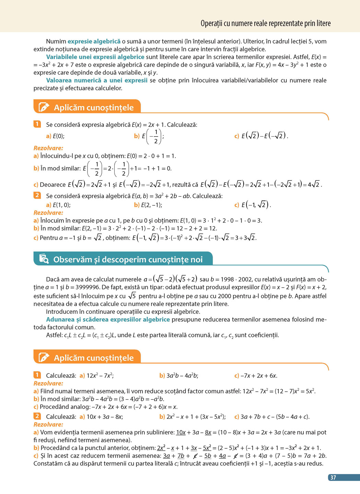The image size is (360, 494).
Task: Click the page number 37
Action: tap(333, 477)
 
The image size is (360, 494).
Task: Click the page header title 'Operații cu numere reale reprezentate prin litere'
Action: tap(266, 23)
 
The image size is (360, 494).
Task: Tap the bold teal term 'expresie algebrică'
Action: tap(94, 42)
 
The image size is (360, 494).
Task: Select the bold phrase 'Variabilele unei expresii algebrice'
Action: tap(95, 57)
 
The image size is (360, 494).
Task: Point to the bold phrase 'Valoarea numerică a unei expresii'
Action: tap(97, 80)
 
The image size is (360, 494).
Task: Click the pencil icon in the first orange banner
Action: tap(44, 107)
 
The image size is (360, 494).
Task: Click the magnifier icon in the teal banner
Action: tap(44, 259)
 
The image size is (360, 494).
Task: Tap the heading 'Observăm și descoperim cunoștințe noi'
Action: tap(128, 260)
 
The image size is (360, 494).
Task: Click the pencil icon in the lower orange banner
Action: tap(44, 357)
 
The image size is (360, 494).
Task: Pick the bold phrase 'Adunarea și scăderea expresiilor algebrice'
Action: tap(108, 320)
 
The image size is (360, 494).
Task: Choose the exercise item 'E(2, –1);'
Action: tap(151, 205)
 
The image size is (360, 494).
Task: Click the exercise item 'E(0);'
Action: tap(58, 136)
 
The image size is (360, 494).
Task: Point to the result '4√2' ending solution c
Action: tap(314, 185)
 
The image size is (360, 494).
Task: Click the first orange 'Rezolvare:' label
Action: tap(48, 148)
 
